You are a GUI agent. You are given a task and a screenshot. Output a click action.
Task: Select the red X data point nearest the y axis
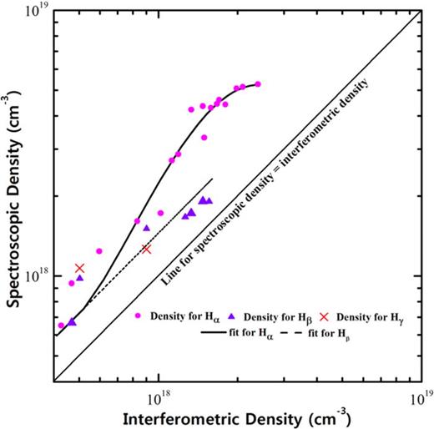pyautogui.click(x=80, y=268)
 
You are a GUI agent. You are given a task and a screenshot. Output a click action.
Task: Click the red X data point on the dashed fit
pyautogui.click(x=146, y=249)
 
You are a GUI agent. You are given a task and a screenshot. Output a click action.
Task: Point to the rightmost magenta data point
pyautogui.click(x=257, y=84)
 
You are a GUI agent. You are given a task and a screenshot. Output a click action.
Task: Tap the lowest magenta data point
pyautogui.click(x=61, y=325)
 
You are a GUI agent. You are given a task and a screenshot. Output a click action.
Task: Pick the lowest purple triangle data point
pyautogui.click(x=73, y=321)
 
